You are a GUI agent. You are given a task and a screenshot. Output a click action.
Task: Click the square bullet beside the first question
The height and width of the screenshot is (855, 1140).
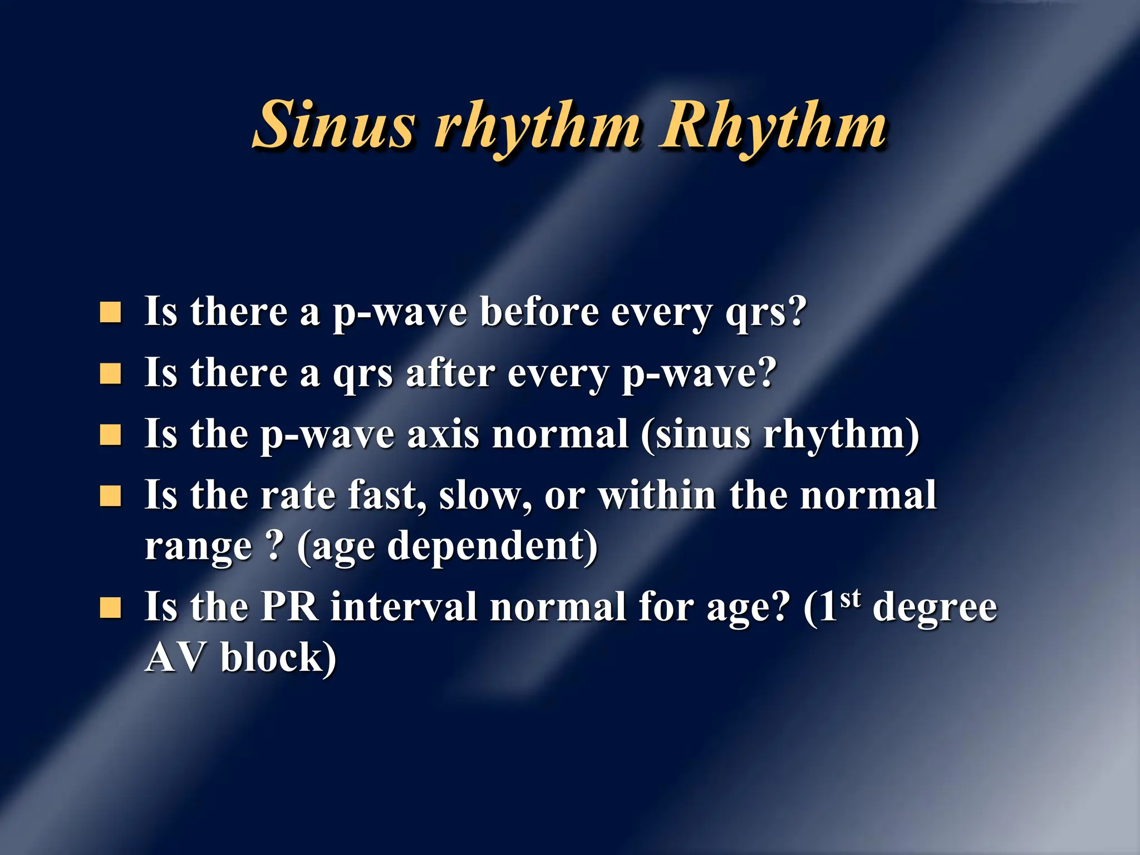(110, 313)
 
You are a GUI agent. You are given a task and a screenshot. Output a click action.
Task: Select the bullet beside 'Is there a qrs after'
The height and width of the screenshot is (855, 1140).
(110, 374)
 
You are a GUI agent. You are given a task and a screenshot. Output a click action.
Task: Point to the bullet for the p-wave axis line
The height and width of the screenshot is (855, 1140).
(110, 435)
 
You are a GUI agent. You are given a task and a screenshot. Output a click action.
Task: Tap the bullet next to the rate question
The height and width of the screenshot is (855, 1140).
(110, 496)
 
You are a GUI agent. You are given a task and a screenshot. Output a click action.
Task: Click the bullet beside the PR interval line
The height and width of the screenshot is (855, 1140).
(110, 608)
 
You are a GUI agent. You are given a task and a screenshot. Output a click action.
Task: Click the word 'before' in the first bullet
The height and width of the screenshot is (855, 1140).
(539, 312)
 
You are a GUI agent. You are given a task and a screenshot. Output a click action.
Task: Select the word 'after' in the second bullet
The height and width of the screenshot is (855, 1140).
(450, 373)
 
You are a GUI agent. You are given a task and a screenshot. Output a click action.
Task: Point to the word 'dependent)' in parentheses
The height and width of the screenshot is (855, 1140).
(492, 547)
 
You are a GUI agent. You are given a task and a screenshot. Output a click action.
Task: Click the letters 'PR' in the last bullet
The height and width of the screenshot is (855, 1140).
(289, 607)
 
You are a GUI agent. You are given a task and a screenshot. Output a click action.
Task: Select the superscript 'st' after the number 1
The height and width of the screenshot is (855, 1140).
(850, 599)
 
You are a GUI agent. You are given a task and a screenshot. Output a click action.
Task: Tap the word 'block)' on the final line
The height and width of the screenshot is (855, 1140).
(278, 658)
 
